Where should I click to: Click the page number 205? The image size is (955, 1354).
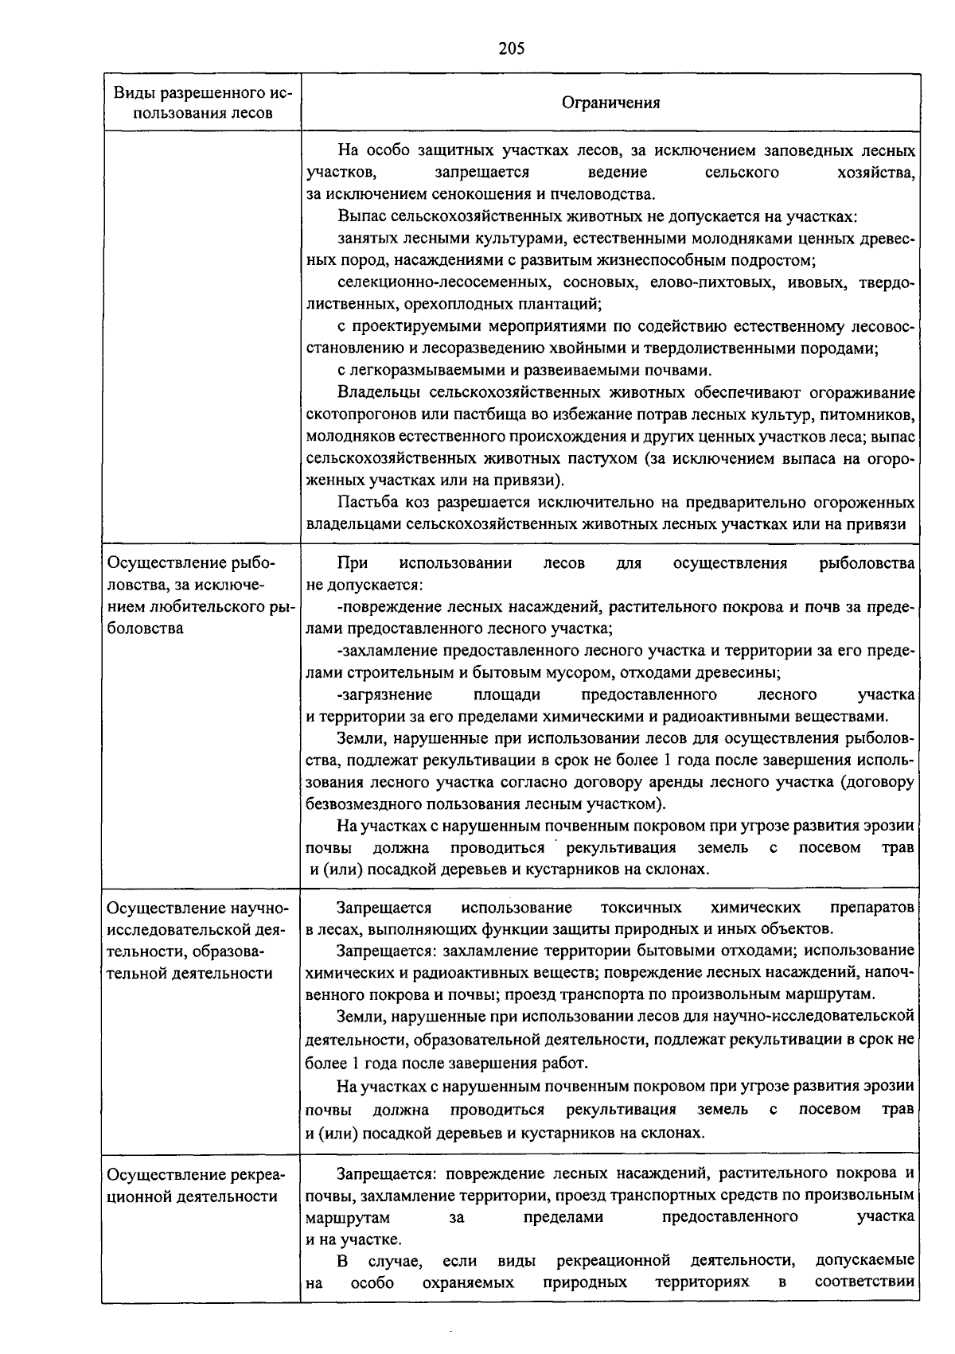[x=511, y=49]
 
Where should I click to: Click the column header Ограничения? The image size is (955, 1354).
[x=610, y=103]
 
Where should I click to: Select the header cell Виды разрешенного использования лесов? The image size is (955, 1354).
[x=202, y=103]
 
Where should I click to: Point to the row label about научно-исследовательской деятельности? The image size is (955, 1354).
[x=199, y=940]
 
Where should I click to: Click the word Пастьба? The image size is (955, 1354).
[x=364, y=503]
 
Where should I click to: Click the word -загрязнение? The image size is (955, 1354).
[x=384, y=695]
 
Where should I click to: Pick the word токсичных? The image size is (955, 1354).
[x=641, y=908]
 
